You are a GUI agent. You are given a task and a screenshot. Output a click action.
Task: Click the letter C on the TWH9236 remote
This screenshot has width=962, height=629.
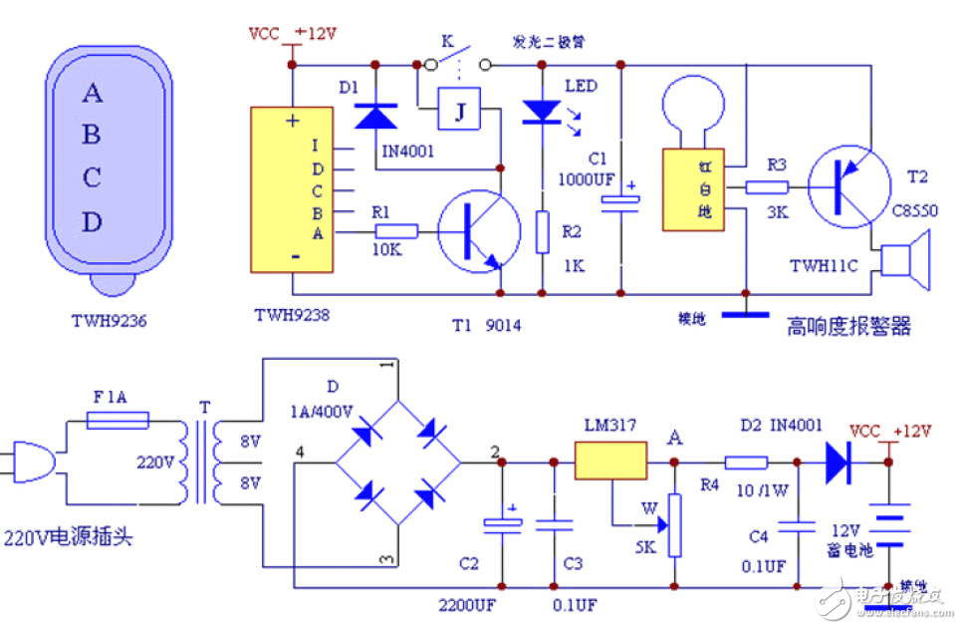click(x=92, y=178)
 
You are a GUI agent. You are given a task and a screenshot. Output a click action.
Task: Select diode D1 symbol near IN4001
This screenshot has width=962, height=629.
click(x=376, y=116)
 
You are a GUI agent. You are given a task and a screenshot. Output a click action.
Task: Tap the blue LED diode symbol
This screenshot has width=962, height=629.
click(x=542, y=111)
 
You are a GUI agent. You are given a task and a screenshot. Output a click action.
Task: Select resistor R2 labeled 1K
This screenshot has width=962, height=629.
click(x=542, y=231)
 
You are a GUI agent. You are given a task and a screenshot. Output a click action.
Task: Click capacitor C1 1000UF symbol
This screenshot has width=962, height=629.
click(x=620, y=202)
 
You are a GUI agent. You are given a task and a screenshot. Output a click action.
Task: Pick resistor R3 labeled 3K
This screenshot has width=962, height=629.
click(x=767, y=186)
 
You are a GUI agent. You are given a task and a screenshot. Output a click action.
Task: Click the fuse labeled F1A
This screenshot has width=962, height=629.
click(x=119, y=422)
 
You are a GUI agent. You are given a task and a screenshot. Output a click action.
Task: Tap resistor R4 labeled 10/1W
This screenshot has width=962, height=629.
click(x=745, y=463)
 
